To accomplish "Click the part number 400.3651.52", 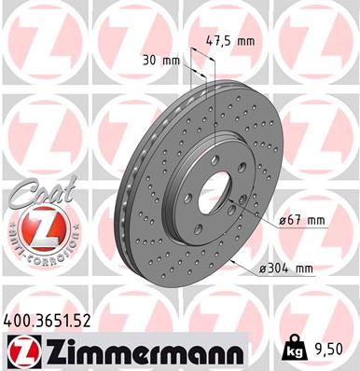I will (x=53, y=320).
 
